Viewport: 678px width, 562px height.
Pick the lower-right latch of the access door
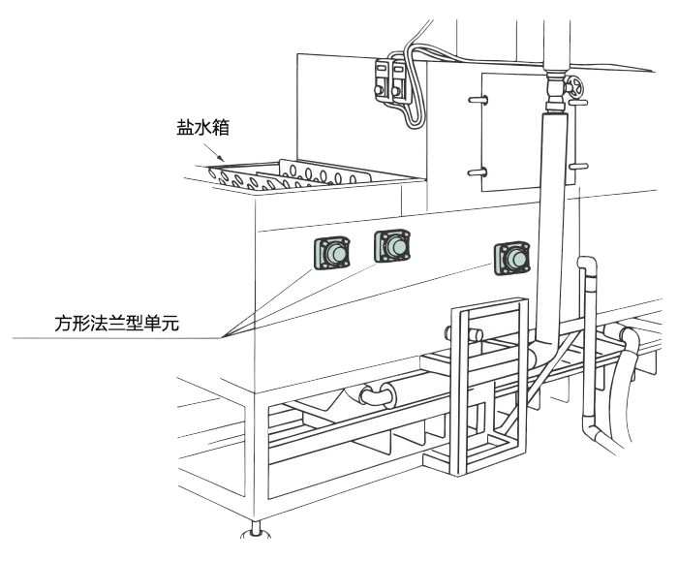pyautogui.click(x=575, y=167)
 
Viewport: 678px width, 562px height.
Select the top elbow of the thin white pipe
pyautogui.click(x=587, y=265)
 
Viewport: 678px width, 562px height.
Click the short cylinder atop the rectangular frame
pyautogui.click(x=465, y=333)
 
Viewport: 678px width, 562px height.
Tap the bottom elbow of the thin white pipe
pyautogui.click(x=593, y=432)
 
